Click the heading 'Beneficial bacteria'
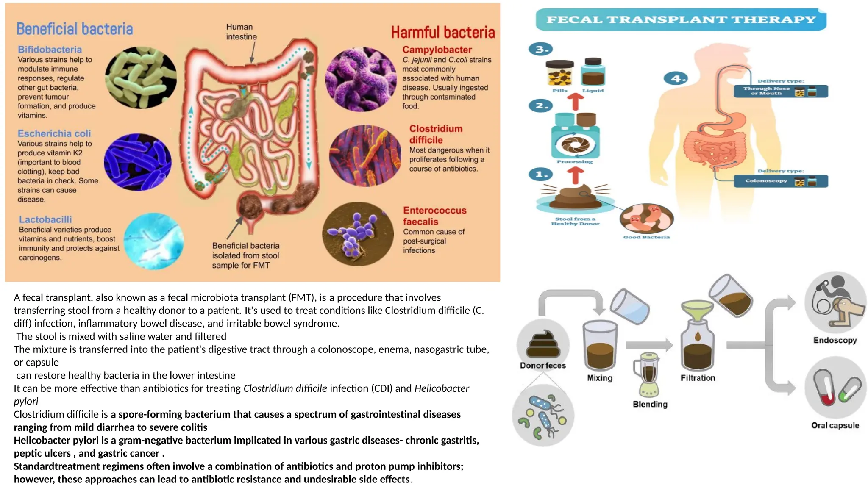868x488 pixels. (x=75, y=29)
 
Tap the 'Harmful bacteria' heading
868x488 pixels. (x=442, y=33)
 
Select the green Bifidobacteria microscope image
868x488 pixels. (x=141, y=78)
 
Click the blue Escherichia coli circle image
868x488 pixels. (x=138, y=162)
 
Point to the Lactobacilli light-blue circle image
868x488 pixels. (x=154, y=241)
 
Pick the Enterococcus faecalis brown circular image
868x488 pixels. (x=358, y=234)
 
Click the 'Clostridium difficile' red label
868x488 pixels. (x=436, y=134)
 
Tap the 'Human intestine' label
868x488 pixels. (x=241, y=32)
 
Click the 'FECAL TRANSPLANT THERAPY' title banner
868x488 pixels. (x=681, y=19)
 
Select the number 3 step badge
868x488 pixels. (x=541, y=49)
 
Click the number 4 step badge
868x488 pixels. (x=676, y=78)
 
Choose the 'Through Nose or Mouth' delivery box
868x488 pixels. (x=780, y=91)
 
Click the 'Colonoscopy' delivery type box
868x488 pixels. (x=780, y=181)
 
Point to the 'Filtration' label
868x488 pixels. (x=698, y=378)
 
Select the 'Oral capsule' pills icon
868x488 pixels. (x=835, y=388)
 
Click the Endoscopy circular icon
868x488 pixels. (x=835, y=302)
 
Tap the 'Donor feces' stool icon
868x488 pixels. (x=543, y=344)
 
